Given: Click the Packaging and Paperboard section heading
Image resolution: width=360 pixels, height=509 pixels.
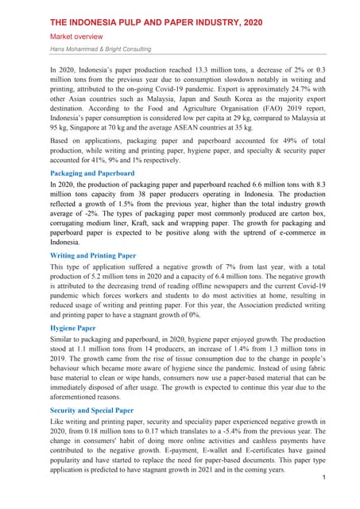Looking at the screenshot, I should [92, 173].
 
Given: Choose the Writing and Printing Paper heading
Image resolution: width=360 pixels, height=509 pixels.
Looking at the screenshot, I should [93, 256].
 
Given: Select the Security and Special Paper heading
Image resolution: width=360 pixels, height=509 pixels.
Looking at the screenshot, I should [99, 410].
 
